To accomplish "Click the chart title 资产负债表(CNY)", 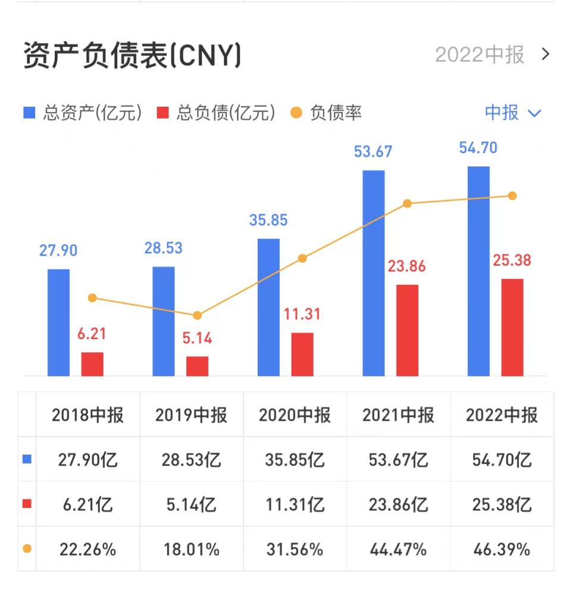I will click(132, 57).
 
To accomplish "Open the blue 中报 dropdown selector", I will click(512, 113).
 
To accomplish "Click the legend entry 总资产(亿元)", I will click(83, 113).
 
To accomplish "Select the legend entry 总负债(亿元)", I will click(217, 113).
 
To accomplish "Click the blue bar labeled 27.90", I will click(58, 322).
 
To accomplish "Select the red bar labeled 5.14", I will click(197, 366).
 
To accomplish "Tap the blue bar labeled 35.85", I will click(268, 307).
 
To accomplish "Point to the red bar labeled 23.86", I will click(407, 330).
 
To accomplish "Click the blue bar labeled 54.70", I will click(479, 271).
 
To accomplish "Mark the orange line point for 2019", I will click(197, 315).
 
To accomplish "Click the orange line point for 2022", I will click(512, 196).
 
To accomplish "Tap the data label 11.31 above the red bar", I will click(302, 314).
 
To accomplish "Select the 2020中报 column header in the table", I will click(294, 415).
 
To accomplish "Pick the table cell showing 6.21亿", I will click(87, 504).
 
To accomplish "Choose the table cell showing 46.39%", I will click(501, 549).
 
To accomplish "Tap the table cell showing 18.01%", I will click(191, 549).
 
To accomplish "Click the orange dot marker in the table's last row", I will click(27, 549).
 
